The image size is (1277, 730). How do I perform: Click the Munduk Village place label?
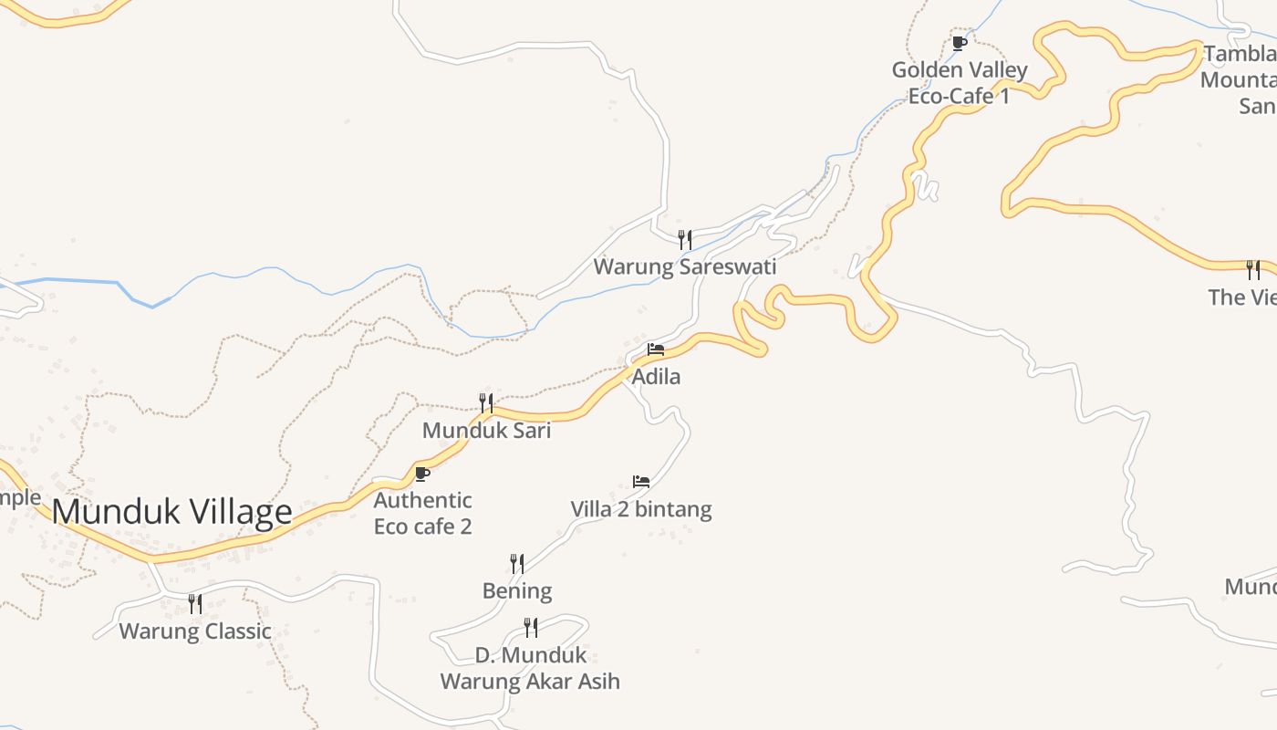171,511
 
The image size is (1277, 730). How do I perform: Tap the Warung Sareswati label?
685,266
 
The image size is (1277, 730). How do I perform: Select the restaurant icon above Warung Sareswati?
685,240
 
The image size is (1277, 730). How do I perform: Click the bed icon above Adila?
656,349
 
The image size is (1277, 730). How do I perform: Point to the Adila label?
656,376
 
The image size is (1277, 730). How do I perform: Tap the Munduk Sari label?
486,430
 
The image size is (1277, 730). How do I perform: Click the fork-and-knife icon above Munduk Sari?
486,402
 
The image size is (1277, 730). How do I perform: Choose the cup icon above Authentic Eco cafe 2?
422,474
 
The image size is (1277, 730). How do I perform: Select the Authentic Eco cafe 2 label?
422,513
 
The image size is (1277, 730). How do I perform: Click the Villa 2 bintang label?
641,508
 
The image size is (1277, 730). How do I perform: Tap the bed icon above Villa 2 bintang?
641,481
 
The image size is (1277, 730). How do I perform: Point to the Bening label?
517,590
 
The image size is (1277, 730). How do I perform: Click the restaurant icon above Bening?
517,564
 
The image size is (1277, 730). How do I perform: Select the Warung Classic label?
195,631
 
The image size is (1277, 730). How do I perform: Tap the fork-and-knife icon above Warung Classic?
195,603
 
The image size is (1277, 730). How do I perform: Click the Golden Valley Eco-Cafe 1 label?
960,82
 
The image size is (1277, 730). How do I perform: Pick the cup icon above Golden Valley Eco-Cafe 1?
960,43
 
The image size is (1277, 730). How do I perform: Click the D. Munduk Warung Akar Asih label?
530,668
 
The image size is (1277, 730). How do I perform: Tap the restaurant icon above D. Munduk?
530,628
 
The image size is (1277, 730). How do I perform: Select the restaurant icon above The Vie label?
1253,269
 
